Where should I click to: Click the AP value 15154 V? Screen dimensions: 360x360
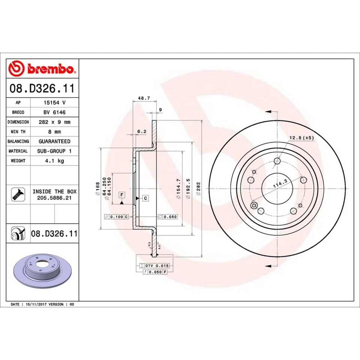[x=54, y=102]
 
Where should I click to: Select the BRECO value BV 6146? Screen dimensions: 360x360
[x=54, y=112]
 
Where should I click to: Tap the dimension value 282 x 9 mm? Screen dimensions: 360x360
[x=54, y=122]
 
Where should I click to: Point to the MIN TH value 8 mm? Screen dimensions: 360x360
[x=54, y=132]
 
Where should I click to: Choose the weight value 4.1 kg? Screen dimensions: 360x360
[x=54, y=160]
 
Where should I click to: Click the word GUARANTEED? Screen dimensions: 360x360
[x=54, y=141]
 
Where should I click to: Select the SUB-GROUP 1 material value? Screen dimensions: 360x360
[x=54, y=151]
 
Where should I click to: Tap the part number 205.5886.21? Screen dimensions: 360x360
[x=54, y=197]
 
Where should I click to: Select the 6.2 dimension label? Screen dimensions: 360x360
[x=142, y=131]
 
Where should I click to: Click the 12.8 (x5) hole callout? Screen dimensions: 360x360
[x=301, y=138]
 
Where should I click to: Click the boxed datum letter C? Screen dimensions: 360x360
[x=145, y=198]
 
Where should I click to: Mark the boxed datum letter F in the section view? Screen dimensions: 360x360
[x=121, y=195]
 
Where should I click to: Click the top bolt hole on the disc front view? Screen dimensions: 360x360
[x=277, y=161]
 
